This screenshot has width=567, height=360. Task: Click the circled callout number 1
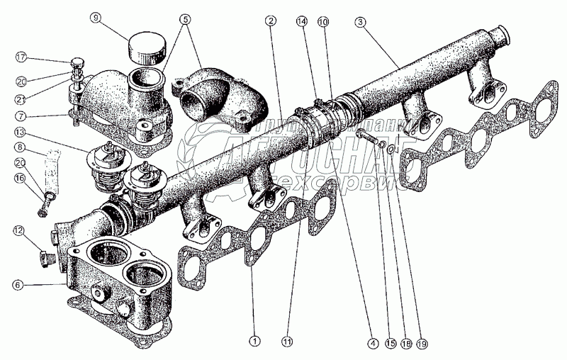[254, 342]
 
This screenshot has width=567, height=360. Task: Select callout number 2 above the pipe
[271, 21]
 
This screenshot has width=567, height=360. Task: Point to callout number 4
[371, 342]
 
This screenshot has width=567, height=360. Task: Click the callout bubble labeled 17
[21, 57]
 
